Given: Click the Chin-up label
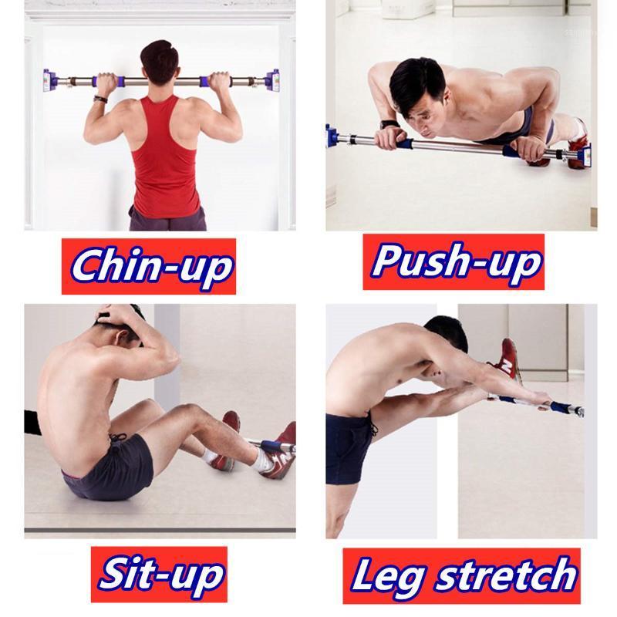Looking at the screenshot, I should coord(149,265).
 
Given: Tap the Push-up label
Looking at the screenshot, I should coord(453,261).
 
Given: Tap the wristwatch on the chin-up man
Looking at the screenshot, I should coord(99,97).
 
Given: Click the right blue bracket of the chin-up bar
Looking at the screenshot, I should coord(272,80).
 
